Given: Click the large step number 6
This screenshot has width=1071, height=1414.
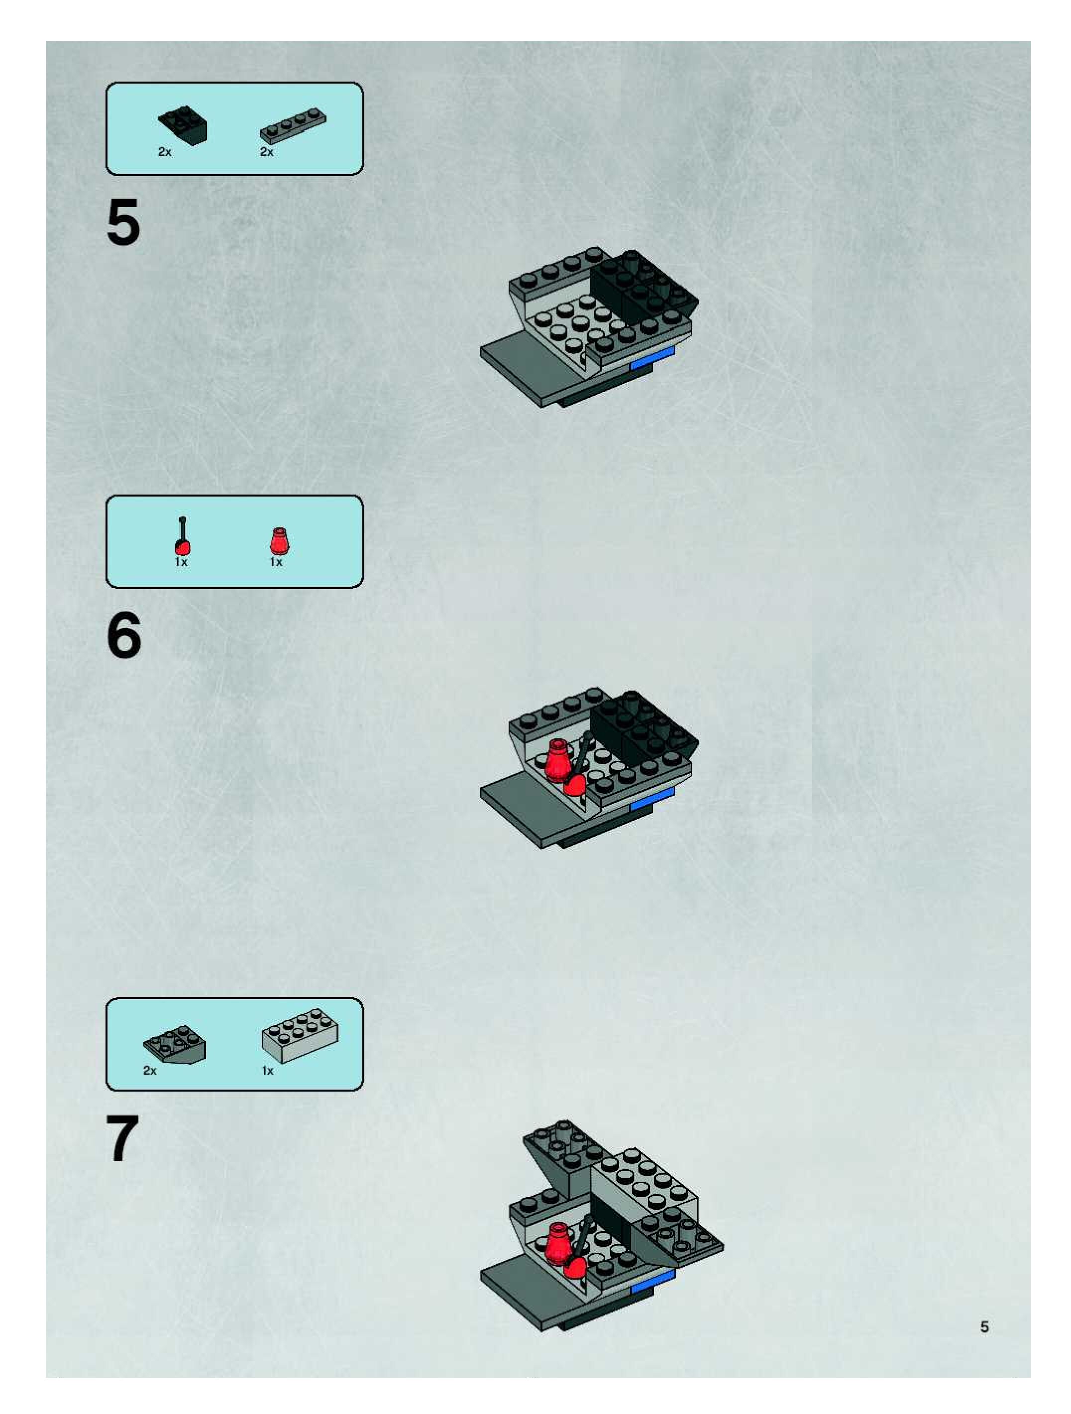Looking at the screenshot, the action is point(124,635).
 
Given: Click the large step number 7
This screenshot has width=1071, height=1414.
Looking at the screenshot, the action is point(123,1138).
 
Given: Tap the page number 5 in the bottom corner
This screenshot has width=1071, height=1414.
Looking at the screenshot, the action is point(985,1327).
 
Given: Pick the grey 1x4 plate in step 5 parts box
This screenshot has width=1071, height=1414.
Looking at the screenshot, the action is point(293,125).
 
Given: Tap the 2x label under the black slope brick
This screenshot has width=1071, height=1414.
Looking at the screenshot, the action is point(165,153).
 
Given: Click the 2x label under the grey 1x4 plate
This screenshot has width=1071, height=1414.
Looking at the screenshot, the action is point(267,153).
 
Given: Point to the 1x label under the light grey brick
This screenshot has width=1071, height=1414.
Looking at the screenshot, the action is point(267,1071).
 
